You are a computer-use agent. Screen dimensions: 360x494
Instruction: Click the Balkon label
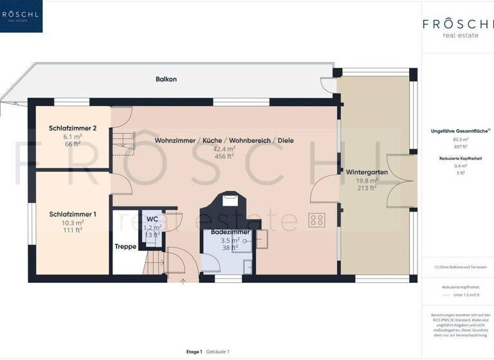[x=166, y=79]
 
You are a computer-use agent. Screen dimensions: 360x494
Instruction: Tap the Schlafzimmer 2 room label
[x=72, y=128]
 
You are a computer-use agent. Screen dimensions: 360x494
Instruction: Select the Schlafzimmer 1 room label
[x=72, y=214]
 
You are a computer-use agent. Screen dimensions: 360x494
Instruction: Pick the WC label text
[x=152, y=219]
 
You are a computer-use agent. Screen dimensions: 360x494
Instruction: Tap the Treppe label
[x=125, y=246]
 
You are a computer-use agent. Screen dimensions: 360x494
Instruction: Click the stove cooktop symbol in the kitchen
[x=316, y=221]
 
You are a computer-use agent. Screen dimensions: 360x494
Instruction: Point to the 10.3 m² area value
[x=71, y=222]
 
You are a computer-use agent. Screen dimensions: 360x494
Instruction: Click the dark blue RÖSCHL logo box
[x=21, y=16]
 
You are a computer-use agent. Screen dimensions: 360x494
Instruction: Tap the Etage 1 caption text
[x=194, y=352]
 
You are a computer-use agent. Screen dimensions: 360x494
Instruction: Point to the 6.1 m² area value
[x=72, y=136]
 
